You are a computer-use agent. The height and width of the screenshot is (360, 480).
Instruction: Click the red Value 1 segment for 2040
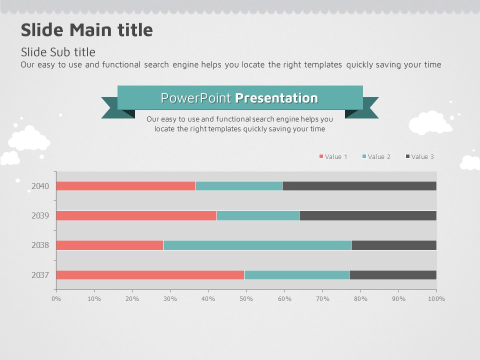(125, 186)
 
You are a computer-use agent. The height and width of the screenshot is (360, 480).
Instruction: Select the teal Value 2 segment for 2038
(257, 245)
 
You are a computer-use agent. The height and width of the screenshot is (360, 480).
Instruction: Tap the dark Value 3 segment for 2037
(392, 275)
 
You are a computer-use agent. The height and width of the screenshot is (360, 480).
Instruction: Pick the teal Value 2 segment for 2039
(257, 215)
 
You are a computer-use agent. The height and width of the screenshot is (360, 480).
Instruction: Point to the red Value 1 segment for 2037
(150, 275)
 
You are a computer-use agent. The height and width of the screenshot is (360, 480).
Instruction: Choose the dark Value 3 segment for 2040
(359, 186)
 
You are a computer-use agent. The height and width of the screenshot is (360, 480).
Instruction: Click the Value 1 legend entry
(333, 157)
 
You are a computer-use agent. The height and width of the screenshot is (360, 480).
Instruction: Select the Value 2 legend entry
(376, 157)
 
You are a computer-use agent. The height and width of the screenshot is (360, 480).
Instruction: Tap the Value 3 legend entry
(420, 157)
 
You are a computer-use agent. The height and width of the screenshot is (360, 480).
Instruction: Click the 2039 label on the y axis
(40, 215)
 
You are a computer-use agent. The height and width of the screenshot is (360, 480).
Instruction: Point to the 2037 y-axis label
(40, 275)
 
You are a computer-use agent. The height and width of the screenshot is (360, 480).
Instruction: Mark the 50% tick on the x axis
(246, 299)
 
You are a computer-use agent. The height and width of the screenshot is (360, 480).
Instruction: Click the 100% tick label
(436, 299)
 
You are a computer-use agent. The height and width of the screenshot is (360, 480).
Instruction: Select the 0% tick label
(56, 299)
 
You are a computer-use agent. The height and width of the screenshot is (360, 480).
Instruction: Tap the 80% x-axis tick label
(360, 299)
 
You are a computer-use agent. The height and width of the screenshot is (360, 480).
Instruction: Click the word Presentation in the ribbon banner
(276, 98)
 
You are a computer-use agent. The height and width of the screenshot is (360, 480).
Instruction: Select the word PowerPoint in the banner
(196, 98)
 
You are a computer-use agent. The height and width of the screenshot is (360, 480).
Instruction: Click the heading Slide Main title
(86, 30)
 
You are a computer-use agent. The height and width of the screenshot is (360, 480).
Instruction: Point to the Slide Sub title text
(58, 52)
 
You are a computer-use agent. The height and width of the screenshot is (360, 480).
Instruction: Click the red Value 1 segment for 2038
(109, 245)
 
